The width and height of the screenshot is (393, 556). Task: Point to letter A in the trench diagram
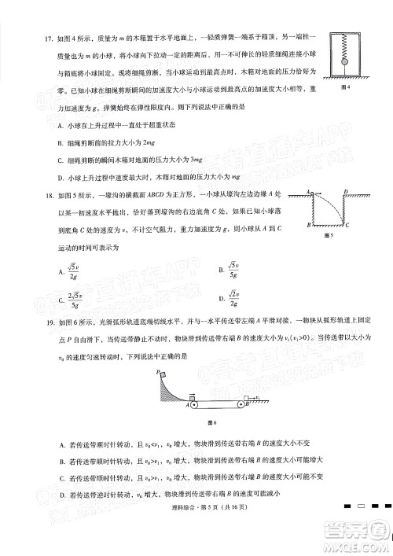(309, 192)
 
